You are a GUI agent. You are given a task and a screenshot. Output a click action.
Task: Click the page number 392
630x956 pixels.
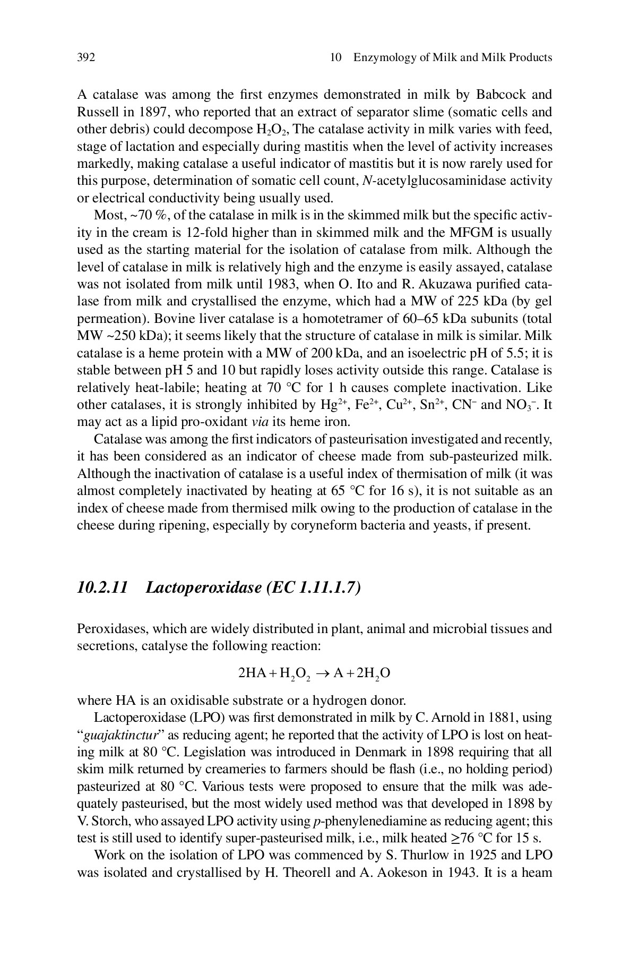pyautogui.click(x=86, y=57)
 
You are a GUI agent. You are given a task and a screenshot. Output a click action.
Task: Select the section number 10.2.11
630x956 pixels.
pyautogui.click(x=102, y=588)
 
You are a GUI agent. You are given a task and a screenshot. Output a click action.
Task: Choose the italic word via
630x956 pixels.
pyautogui.click(x=262, y=422)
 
